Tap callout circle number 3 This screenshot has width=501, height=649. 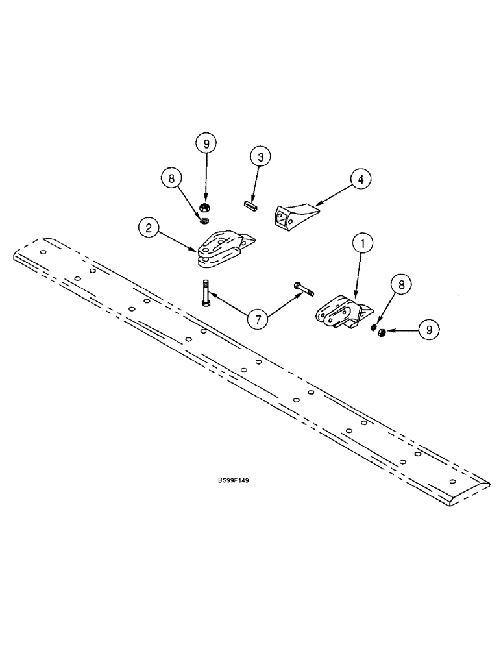(260, 158)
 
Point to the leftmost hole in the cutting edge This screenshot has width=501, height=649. (42, 252)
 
